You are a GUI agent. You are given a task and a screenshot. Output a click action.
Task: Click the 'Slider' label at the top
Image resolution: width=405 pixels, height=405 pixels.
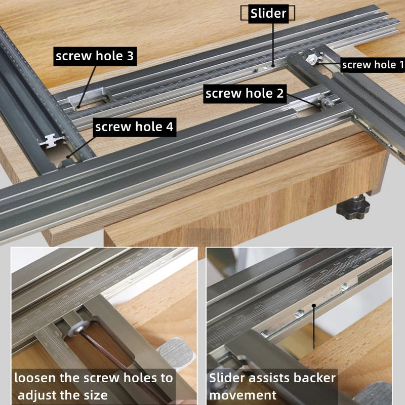268,14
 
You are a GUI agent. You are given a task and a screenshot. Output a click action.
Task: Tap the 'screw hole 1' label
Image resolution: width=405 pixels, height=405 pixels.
373,64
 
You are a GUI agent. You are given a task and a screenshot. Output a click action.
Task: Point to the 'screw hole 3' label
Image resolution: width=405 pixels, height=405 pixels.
95,56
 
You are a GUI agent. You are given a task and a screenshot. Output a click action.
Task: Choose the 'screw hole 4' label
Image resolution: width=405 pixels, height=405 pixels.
134,127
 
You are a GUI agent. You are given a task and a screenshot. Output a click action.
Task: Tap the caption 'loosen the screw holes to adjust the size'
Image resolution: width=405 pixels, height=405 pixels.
93,386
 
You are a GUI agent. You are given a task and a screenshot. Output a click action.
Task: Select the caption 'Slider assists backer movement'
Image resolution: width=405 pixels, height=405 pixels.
272,386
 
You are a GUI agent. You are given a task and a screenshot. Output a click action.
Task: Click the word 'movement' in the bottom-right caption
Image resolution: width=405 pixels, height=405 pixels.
243,395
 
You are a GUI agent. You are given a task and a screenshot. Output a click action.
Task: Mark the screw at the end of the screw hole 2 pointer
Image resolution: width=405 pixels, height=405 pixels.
325,104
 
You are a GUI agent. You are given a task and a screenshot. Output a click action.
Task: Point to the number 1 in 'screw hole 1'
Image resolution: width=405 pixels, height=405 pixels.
401,64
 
